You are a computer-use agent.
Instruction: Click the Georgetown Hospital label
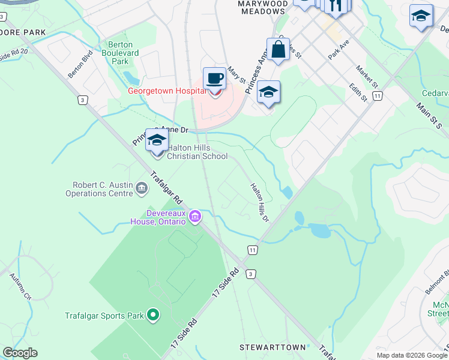pos(167,91)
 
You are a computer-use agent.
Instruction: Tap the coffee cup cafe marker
pos(214,79)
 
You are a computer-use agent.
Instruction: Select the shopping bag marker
pos(278,50)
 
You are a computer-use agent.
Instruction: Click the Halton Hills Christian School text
pos(197,152)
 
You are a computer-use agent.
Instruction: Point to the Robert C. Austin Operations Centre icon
pos(142,189)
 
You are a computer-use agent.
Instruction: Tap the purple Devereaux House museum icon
pos(195,217)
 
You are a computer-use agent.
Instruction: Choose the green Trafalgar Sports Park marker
pos(153,314)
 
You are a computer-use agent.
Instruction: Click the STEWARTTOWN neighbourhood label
pos(276,347)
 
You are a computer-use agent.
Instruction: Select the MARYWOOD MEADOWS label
pos(253,7)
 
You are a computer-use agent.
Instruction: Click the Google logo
pos(20,353)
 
